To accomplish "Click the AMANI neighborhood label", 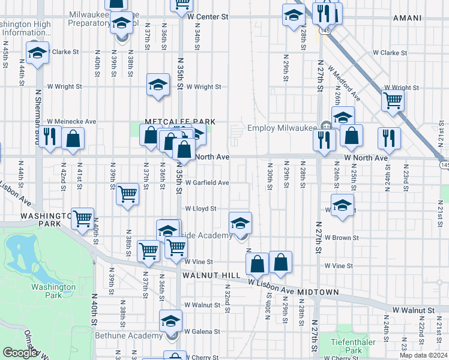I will (407, 18).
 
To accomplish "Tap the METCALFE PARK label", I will (179, 121).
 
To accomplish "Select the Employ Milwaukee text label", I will (282, 128).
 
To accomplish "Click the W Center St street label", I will (208, 17).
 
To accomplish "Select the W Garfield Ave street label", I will (207, 182).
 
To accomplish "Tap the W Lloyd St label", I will (200, 209).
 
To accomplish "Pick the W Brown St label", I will (341, 238).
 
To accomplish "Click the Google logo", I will (20, 353).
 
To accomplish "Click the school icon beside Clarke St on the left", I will (37, 53).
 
